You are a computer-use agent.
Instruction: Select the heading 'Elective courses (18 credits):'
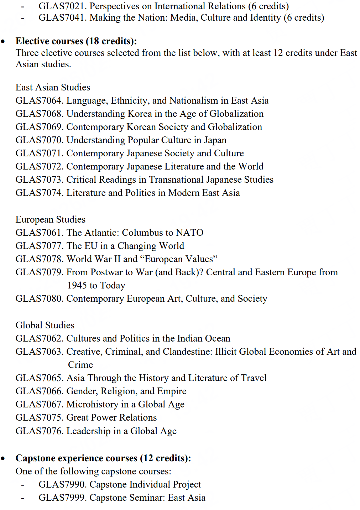click(x=76, y=41)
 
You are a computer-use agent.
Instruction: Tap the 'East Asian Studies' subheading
click(x=53, y=87)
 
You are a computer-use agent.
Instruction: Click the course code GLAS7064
click(x=39, y=101)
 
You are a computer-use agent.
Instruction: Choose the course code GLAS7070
click(x=39, y=140)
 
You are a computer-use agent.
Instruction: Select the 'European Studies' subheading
click(x=50, y=219)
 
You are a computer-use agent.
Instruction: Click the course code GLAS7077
click(x=39, y=246)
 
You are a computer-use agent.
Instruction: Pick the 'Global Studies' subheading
click(x=45, y=325)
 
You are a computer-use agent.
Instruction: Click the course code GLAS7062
click(x=39, y=338)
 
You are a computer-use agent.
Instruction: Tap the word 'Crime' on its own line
click(x=80, y=365)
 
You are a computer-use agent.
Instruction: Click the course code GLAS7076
click(x=39, y=431)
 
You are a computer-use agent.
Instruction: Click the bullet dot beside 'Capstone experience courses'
click(x=3, y=459)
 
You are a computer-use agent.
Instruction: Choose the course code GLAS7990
click(x=62, y=485)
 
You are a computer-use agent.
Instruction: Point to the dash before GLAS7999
click(x=22, y=498)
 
